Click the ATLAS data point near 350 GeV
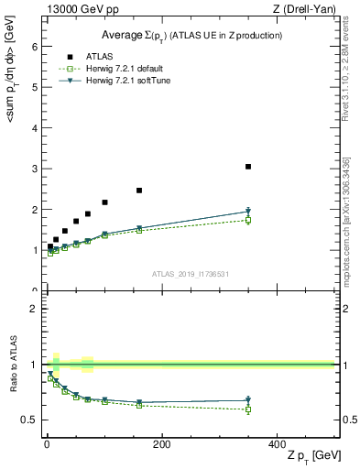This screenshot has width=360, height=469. coord(248,167)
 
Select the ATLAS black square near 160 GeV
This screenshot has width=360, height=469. coord(139,191)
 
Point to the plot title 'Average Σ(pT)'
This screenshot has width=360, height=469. coord(190,35)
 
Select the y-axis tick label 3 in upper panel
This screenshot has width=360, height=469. coord(34,169)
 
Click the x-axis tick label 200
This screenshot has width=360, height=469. coord(161,444)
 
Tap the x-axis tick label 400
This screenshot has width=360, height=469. coord(277,444)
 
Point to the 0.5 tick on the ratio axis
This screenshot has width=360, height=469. coord(30,420)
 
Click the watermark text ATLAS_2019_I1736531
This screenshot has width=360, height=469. coord(190,274)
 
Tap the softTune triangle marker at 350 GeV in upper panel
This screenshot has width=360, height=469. coord(248,212)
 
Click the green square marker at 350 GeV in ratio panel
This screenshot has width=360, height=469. coord(248,409)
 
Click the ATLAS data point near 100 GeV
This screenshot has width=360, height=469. coord(104,202)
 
